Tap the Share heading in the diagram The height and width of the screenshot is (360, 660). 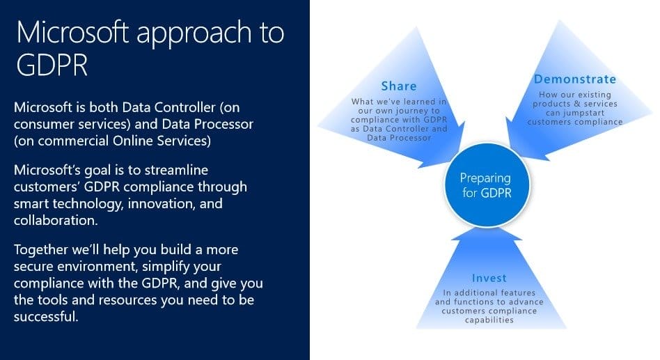click(x=399, y=86)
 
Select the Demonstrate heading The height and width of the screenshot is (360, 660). click(x=574, y=79)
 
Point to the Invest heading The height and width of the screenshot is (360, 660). click(x=489, y=279)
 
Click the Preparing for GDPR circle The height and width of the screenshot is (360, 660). click(x=486, y=185)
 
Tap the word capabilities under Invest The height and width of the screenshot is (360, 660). click(x=488, y=320)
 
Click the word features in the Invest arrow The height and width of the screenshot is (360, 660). click(x=517, y=293)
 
